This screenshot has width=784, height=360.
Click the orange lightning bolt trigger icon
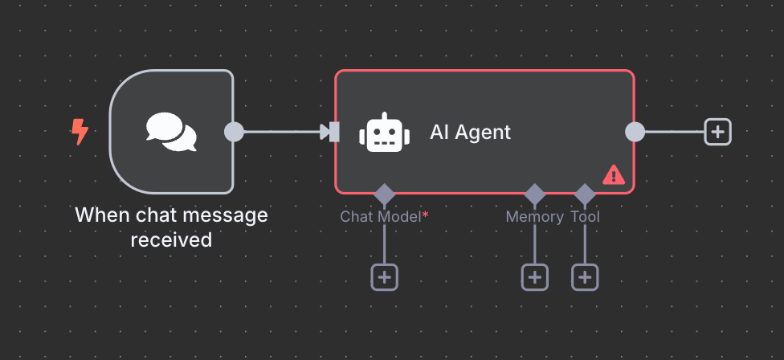click(x=80, y=132)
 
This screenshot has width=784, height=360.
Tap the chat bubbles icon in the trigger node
click(x=171, y=132)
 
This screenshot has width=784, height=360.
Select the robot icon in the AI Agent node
click(x=384, y=133)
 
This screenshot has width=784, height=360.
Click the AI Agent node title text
click(x=470, y=132)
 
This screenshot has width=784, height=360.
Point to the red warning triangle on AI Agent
click(x=614, y=174)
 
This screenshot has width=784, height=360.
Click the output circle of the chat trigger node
click(x=234, y=132)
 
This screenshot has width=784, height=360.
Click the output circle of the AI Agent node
click(x=635, y=132)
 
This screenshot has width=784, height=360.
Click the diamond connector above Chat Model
click(x=384, y=194)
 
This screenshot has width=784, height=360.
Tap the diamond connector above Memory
click(x=535, y=194)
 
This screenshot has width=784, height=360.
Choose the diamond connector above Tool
click(x=585, y=194)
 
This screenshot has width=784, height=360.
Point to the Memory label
click(x=534, y=217)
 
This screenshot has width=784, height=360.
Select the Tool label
click(x=585, y=217)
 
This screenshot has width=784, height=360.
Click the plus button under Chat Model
click(x=384, y=277)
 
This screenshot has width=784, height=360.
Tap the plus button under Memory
click(x=535, y=277)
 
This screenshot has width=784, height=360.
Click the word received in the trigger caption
click(x=171, y=239)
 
